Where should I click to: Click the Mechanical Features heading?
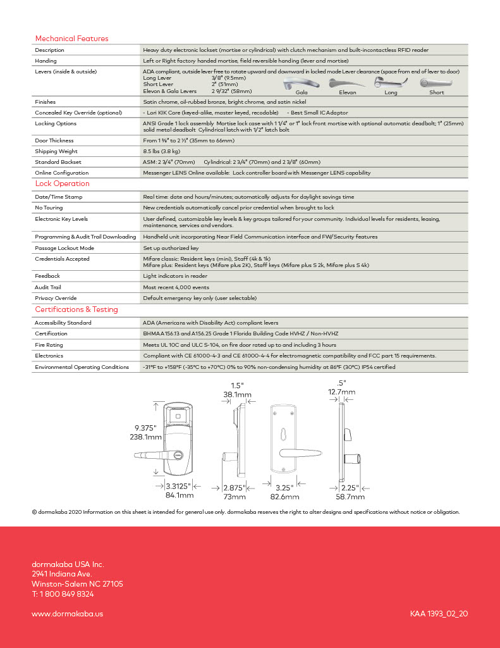[x=71, y=39]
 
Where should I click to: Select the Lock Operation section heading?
[x=62, y=184]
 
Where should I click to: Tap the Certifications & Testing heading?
[x=76, y=309]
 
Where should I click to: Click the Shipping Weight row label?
[x=56, y=151]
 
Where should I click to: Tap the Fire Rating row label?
[x=49, y=345]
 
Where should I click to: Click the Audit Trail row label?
[x=47, y=287]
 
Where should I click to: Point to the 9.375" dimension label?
[x=146, y=428]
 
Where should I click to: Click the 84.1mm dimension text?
[x=179, y=495]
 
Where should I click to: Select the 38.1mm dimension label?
[x=236, y=394]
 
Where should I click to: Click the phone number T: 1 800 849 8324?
[x=63, y=594]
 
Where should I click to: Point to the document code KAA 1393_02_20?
[x=439, y=613]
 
